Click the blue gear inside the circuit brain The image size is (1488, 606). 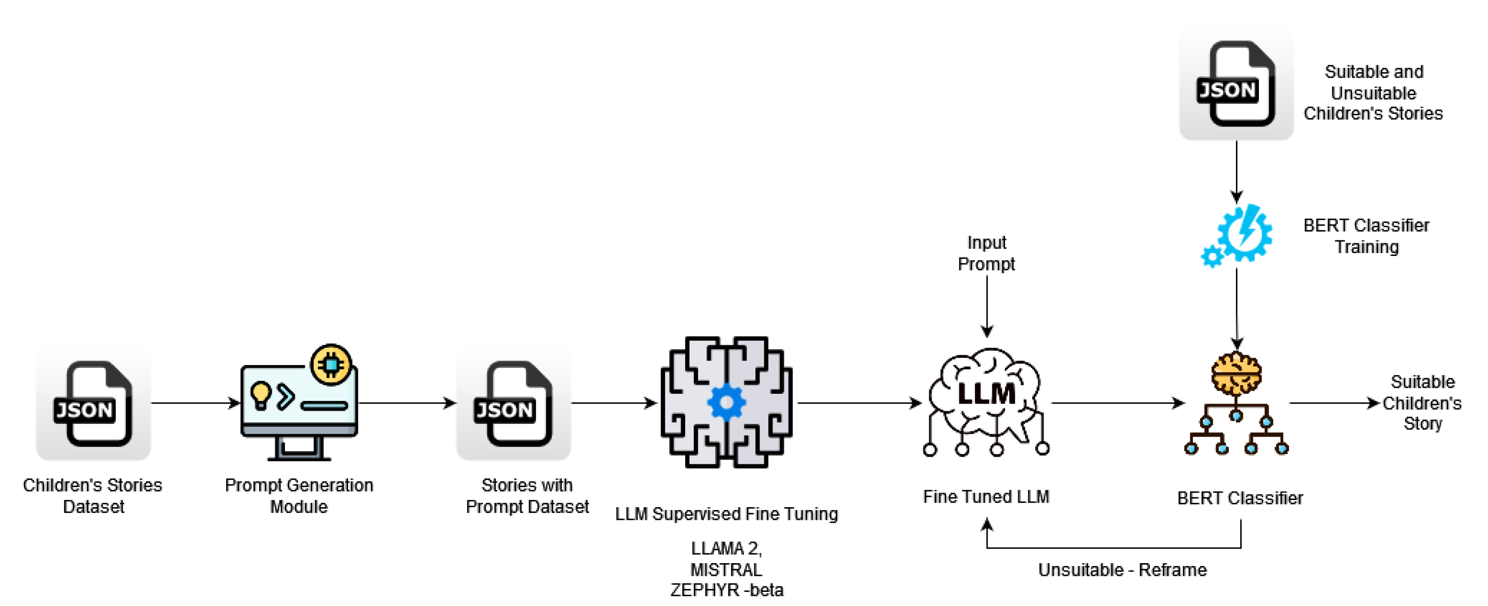pos(726,403)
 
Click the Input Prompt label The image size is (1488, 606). pos(986,253)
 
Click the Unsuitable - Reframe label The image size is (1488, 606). pos(1122,570)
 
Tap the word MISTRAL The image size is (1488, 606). pos(726,570)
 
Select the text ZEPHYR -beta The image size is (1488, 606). pos(726,590)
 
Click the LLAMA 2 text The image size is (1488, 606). pos(726,548)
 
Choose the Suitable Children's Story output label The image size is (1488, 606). pos(1422,402)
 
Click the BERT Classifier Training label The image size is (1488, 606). pos(1366,236)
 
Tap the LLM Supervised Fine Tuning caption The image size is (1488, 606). pos(726,514)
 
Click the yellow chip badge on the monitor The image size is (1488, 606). pos(331,365)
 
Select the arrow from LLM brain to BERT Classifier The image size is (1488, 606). pos(1118,403)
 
